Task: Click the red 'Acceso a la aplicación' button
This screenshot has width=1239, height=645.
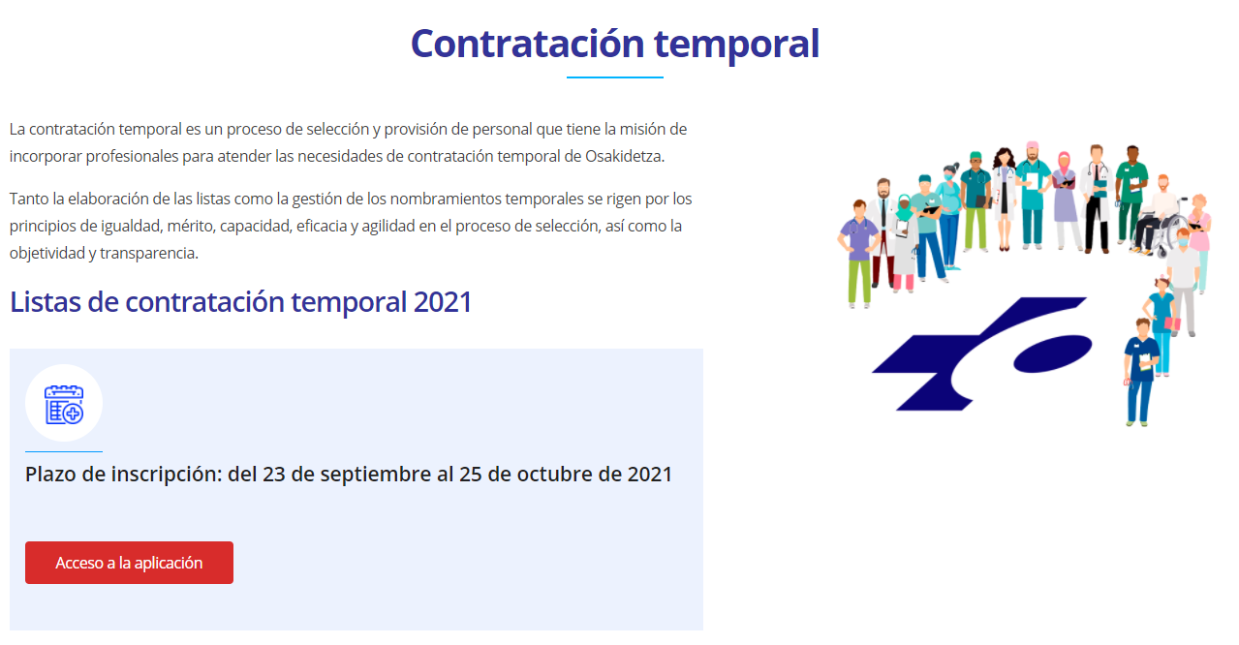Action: click(129, 562)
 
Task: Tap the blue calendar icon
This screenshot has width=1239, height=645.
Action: click(64, 405)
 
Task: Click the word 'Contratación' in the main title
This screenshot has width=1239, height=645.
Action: click(528, 44)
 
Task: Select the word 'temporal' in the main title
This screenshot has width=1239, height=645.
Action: click(737, 46)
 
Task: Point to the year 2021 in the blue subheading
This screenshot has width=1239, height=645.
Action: click(443, 302)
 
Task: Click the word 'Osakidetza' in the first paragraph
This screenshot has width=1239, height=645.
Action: click(625, 157)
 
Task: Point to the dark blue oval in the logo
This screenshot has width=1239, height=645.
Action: click(1053, 353)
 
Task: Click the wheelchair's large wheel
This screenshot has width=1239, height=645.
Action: click(1171, 235)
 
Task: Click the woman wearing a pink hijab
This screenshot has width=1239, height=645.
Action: click(1066, 200)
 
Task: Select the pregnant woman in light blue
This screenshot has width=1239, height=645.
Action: click(949, 216)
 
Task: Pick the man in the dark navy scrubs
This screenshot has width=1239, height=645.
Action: click(1140, 372)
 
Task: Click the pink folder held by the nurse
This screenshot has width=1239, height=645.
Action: click(1172, 323)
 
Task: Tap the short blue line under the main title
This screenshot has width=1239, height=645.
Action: click(614, 77)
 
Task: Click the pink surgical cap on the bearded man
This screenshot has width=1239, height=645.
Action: click(1032, 145)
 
